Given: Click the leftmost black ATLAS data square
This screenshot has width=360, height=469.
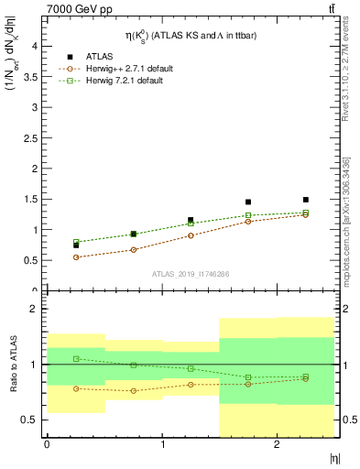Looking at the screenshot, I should (x=76, y=245).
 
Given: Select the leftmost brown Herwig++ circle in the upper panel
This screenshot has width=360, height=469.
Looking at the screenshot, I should (x=76, y=257).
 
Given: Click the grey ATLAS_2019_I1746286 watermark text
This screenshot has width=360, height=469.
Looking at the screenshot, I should (x=190, y=274).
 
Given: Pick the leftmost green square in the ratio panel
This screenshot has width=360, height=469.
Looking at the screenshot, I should (x=76, y=358).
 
